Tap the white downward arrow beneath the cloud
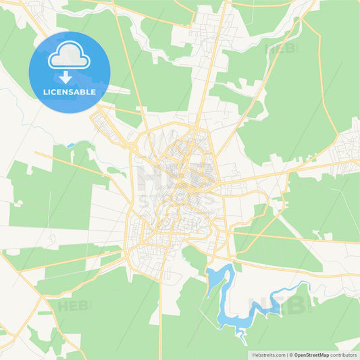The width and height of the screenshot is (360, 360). pyautogui.click(x=70, y=78)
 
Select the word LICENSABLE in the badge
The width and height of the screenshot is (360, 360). pyautogui.click(x=70, y=92)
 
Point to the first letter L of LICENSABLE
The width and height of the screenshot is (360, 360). pyautogui.click(x=45, y=92)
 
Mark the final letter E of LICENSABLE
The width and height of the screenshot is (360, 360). pyautogui.click(x=93, y=92)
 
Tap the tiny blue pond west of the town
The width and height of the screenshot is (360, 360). pyautogui.click(x=70, y=145)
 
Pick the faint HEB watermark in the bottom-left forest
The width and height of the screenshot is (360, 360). pyautogui.click(x=74, y=306)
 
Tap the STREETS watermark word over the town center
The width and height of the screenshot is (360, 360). pyautogui.click(x=177, y=198)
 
